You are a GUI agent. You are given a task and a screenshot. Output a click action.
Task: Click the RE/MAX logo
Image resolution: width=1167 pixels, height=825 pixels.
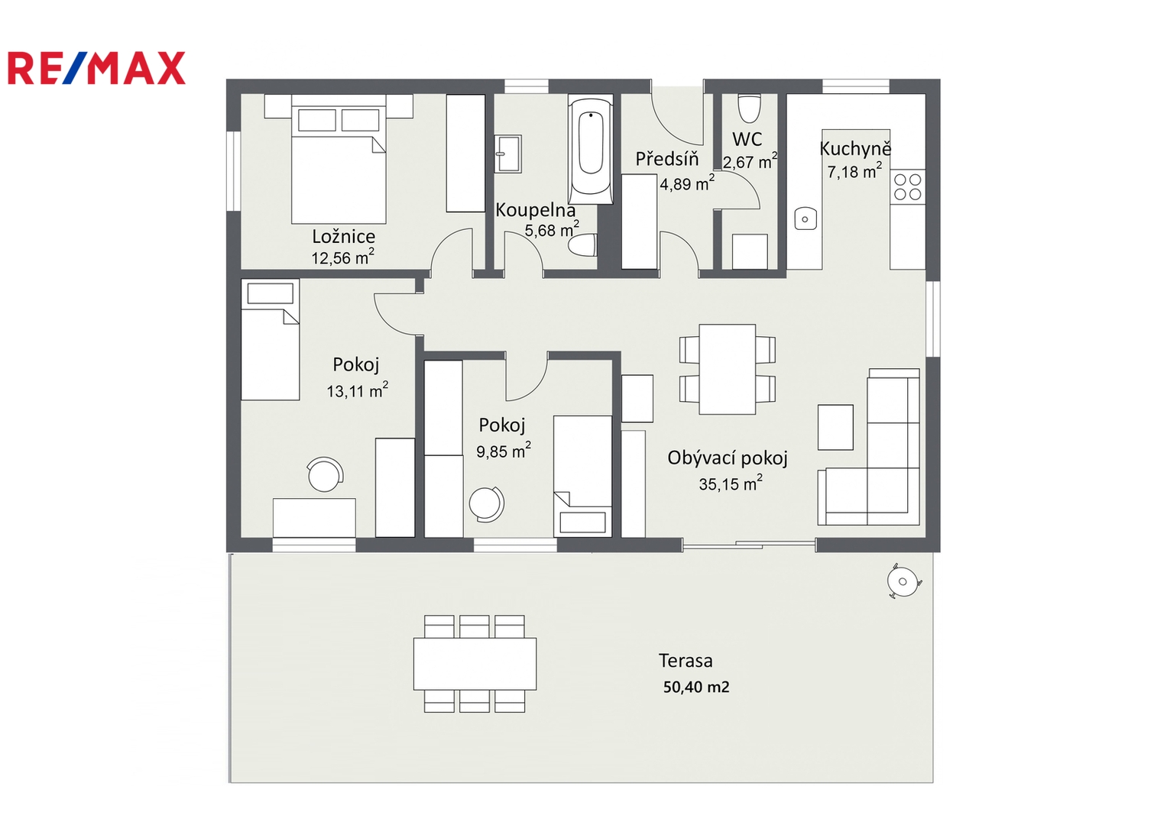[x=96, y=68]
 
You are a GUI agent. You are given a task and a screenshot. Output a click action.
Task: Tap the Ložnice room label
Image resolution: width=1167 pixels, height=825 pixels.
[x=343, y=237]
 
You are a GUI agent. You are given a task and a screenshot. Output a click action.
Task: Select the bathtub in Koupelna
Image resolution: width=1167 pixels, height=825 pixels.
[x=590, y=150]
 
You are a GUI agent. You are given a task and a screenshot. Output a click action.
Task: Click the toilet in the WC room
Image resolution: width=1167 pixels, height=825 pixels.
[x=749, y=108]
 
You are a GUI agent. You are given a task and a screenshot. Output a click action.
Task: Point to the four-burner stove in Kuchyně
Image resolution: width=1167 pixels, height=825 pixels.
[x=908, y=187]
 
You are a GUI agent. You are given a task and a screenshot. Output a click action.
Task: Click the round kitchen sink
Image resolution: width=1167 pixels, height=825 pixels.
[x=806, y=218]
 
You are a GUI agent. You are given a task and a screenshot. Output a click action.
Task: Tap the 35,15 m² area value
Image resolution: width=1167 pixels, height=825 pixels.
[x=731, y=483]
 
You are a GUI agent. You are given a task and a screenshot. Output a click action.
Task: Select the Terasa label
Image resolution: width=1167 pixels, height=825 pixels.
[x=685, y=661]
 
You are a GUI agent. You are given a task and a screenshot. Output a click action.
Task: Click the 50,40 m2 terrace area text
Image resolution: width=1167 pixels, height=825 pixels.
[x=696, y=687]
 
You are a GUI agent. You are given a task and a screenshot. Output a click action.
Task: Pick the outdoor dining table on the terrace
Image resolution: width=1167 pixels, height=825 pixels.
[x=475, y=664]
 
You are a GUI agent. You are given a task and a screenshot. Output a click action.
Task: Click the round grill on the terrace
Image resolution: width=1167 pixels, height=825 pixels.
[x=903, y=581]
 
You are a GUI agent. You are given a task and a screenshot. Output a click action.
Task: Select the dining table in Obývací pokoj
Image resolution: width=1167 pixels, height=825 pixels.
[x=728, y=369]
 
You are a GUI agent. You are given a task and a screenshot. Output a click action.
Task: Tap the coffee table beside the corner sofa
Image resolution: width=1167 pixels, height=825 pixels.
[x=835, y=427]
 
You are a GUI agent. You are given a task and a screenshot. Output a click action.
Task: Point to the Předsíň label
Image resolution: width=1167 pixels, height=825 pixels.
[x=667, y=158]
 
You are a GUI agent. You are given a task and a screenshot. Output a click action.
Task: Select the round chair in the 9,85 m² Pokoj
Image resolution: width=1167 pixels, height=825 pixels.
[x=487, y=503]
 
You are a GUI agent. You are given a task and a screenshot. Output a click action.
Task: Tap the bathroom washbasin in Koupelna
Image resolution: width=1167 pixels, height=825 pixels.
[x=507, y=154]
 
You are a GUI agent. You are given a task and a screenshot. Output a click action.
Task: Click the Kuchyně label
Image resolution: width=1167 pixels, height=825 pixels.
[x=855, y=149]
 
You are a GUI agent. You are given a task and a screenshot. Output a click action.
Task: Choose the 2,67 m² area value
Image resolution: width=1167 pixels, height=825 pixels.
[x=750, y=161]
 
